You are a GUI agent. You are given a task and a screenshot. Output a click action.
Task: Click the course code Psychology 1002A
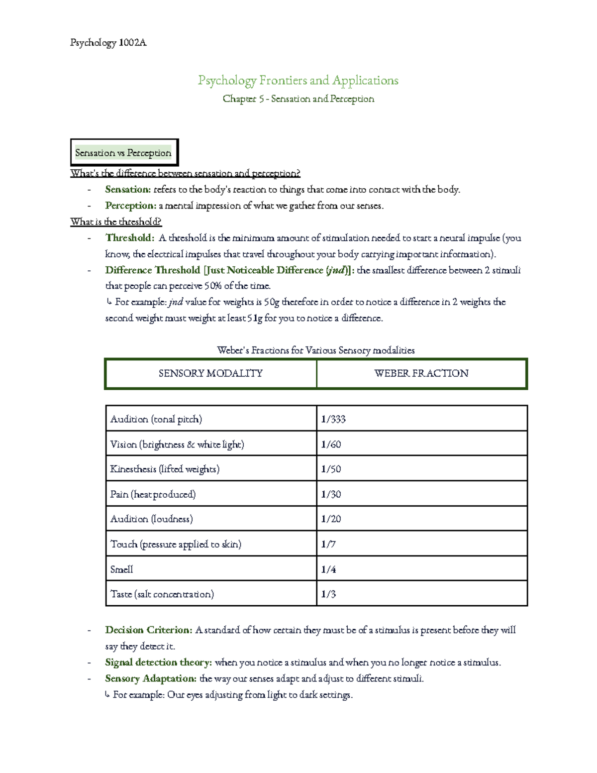pyautogui.click(x=108, y=43)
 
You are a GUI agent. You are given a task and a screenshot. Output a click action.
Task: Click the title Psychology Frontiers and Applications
pyautogui.click(x=298, y=80)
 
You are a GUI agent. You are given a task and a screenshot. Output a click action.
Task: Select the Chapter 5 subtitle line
pyautogui.click(x=298, y=99)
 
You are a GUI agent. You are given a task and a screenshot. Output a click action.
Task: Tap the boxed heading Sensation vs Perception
pyautogui.click(x=123, y=153)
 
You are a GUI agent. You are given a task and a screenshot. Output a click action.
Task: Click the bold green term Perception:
pyautogui.click(x=130, y=206)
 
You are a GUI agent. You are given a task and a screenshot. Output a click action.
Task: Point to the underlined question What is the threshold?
pyautogui.click(x=116, y=221)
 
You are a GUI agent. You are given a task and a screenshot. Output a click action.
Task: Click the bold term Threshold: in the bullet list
pyautogui.click(x=129, y=238)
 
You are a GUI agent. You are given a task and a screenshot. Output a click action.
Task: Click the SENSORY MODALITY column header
pyautogui.click(x=210, y=373)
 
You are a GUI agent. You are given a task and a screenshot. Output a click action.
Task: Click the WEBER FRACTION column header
pyautogui.click(x=421, y=373)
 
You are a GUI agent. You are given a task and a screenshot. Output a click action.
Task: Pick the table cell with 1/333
pyautogui.click(x=333, y=419)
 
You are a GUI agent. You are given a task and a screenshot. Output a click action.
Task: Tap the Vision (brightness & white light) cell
pyautogui.click(x=177, y=444)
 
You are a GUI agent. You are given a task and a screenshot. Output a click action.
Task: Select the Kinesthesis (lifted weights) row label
pyautogui.click(x=165, y=469)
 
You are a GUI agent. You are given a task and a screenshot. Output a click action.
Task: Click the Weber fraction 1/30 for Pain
pyautogui.click(x=331, y=494)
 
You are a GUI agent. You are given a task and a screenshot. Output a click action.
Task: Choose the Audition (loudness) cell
pyautogui.click(x=151, y=519)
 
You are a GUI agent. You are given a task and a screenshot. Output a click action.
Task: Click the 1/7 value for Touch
pyautogui.click(x=328, y=544)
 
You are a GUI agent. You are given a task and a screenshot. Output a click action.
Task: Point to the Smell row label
pyautogui.click(x=121, y=569)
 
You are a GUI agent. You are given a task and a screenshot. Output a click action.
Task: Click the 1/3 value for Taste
pyautogui.click(x=328, y=594)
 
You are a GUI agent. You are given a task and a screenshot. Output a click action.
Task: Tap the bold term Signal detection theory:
pyautogui.click(x=158, y=663)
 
